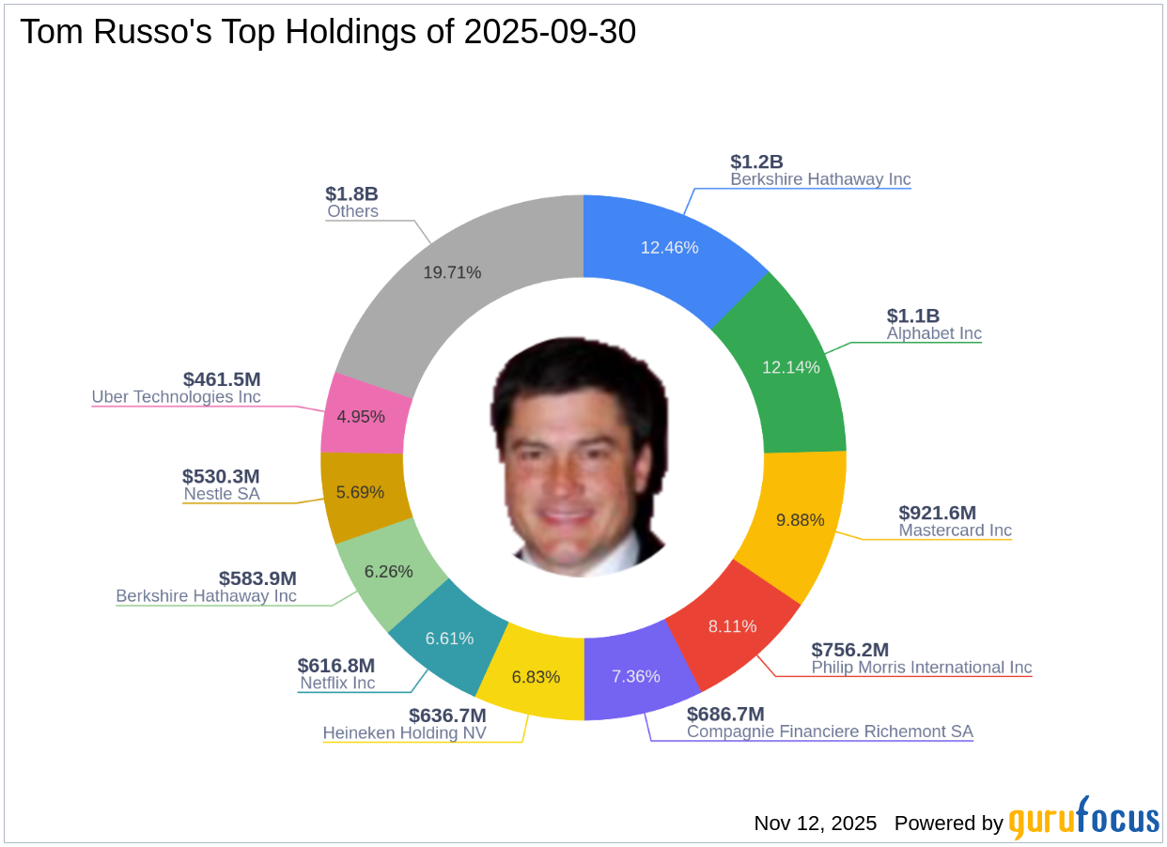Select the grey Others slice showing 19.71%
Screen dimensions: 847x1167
[x=452, y=272]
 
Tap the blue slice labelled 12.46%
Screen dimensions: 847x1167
[x=669, y=248]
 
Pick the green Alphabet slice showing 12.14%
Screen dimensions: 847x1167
[x=790, y=366]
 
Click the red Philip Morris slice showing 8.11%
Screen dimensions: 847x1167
[x=732, y=626]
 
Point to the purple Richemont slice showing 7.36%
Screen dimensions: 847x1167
[x=635, y=676]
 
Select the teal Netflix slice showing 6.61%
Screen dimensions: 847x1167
[x=449, y=639]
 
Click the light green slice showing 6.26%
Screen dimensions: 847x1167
[x=389, y=571]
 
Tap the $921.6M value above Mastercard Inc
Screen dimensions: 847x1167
[x=937, y=513]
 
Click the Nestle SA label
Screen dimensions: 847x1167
[x=222, y=494]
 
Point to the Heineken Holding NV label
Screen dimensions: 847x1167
[x=405, y=732]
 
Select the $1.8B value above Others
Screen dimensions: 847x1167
[x=351, y=193]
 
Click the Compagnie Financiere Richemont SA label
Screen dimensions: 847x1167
[x=830, y=731]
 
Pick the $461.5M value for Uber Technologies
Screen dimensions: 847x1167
[x=222, y=379]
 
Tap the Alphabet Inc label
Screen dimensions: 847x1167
[x=934, y=333]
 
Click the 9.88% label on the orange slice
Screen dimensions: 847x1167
[x=800, y=520]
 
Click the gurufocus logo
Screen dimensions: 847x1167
[x=1084, y=820]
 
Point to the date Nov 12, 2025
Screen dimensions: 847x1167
[x=815, y=824]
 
